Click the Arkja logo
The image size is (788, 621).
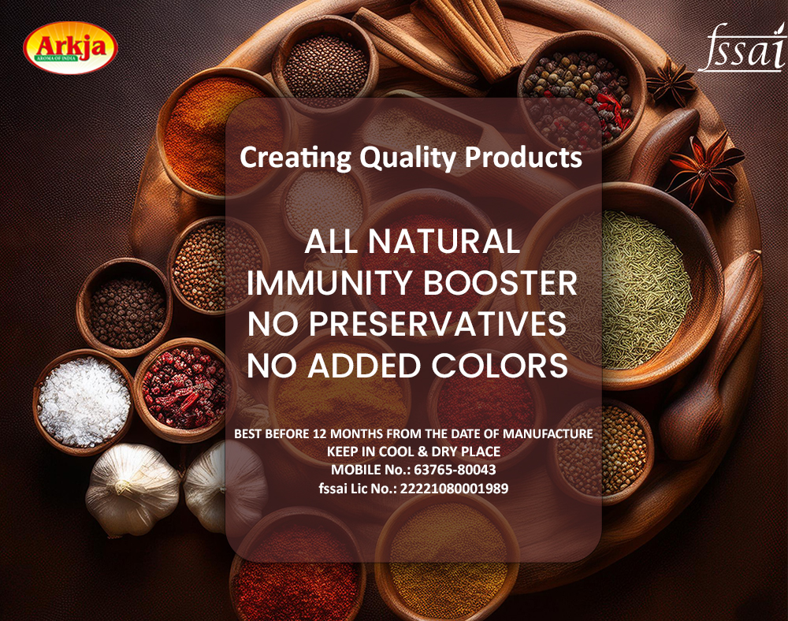pyautogui.click(x=70, y=48)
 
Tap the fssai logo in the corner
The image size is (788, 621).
pyautogui.click(x=742, y=47)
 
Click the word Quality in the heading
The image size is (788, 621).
pyautogui.click(x=407, y=158)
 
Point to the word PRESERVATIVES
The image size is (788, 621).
pyautogui.click(x=437, y=324)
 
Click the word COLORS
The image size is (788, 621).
pyautogui.click(x=500, y=365)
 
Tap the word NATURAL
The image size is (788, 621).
pyautogui.click(x=444, y=242)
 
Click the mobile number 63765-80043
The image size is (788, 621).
pyautogui.click(x=455, y=470)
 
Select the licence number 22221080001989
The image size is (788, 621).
pyautogui.click(x=454, y=489)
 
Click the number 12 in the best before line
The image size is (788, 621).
pyautogui.click(x=319, y=433)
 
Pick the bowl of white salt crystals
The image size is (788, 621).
pyautogui.click(x=84, y=402)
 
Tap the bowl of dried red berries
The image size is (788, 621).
pyautogui.click(x=184, y=389)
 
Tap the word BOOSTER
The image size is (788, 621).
pyautogui.click(x=500, y=283)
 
